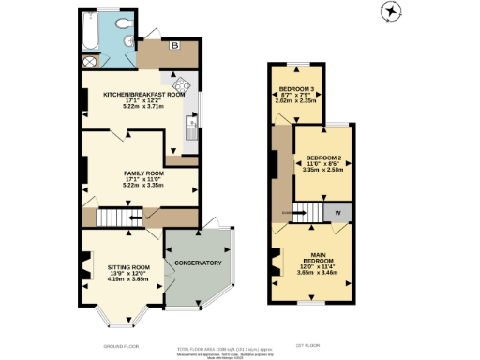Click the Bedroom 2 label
325,157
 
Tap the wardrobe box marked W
337,213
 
